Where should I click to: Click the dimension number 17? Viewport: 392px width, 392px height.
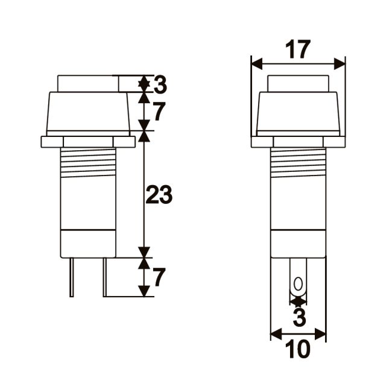coord(297,49)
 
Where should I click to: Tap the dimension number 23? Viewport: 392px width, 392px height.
coord(159,195)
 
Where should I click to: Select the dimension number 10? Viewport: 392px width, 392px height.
coord(297,349)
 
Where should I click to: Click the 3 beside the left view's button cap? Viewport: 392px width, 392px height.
coord(160,84)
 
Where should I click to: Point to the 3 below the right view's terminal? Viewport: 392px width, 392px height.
coord(299,317)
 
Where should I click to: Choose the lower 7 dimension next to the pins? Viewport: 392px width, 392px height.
coord(159,277)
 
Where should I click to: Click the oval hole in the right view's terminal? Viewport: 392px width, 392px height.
coord(298,283)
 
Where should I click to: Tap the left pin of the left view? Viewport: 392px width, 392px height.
coord(72,277)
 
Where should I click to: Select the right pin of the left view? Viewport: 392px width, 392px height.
coord(105,277)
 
